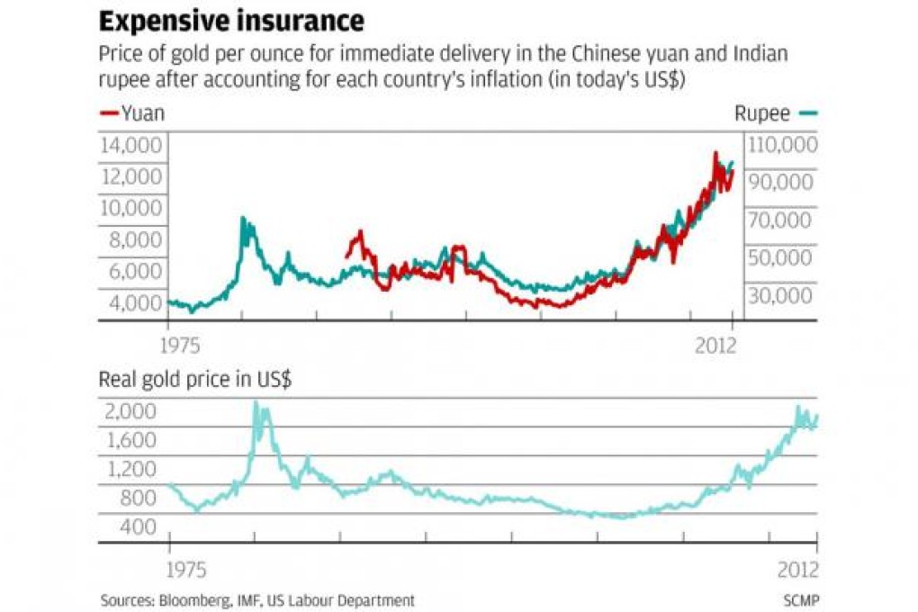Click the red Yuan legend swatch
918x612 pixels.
(108, 113)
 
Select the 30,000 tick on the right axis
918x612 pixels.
(779, 295)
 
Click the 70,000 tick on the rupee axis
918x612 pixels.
(779, 220)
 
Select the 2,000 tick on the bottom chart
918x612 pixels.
(130, 411)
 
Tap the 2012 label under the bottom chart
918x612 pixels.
(797, 571)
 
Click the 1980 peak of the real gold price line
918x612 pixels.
(256, 404)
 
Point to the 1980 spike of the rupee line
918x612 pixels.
(242, 221)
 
